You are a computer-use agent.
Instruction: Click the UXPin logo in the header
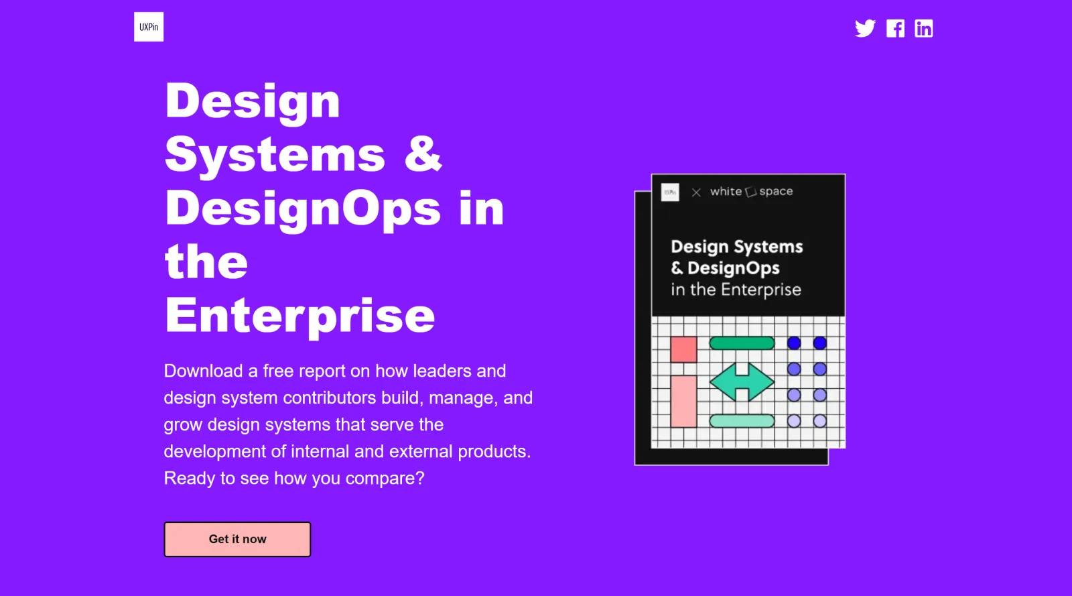coord(149,27)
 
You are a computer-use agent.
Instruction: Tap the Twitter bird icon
coord(865,28)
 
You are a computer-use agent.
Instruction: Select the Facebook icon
coord(895,28)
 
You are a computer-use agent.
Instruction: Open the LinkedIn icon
coord(923,28)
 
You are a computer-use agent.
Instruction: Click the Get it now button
coord(237,539)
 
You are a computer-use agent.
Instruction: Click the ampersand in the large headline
coord(423,154)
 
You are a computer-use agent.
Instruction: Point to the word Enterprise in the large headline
coord(300,315)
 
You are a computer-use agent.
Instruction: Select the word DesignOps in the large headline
coord(303,208)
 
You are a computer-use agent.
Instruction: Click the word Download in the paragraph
coord(203,371)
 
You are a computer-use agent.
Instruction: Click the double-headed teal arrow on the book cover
coord(742,382)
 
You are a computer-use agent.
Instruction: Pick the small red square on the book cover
coord(683,349)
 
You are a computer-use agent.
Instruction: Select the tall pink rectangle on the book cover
coord(683,401)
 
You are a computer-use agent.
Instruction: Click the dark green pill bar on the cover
coord(742,343)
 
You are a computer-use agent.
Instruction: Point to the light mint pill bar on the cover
coord(742,421)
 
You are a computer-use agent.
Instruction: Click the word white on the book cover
coord(726,192)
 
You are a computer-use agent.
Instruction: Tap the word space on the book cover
coord(776,192)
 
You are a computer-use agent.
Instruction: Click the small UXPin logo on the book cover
coord(670,192)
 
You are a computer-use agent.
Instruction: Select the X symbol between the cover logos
coord(696,192)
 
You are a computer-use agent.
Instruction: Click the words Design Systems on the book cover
coord(736,247)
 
